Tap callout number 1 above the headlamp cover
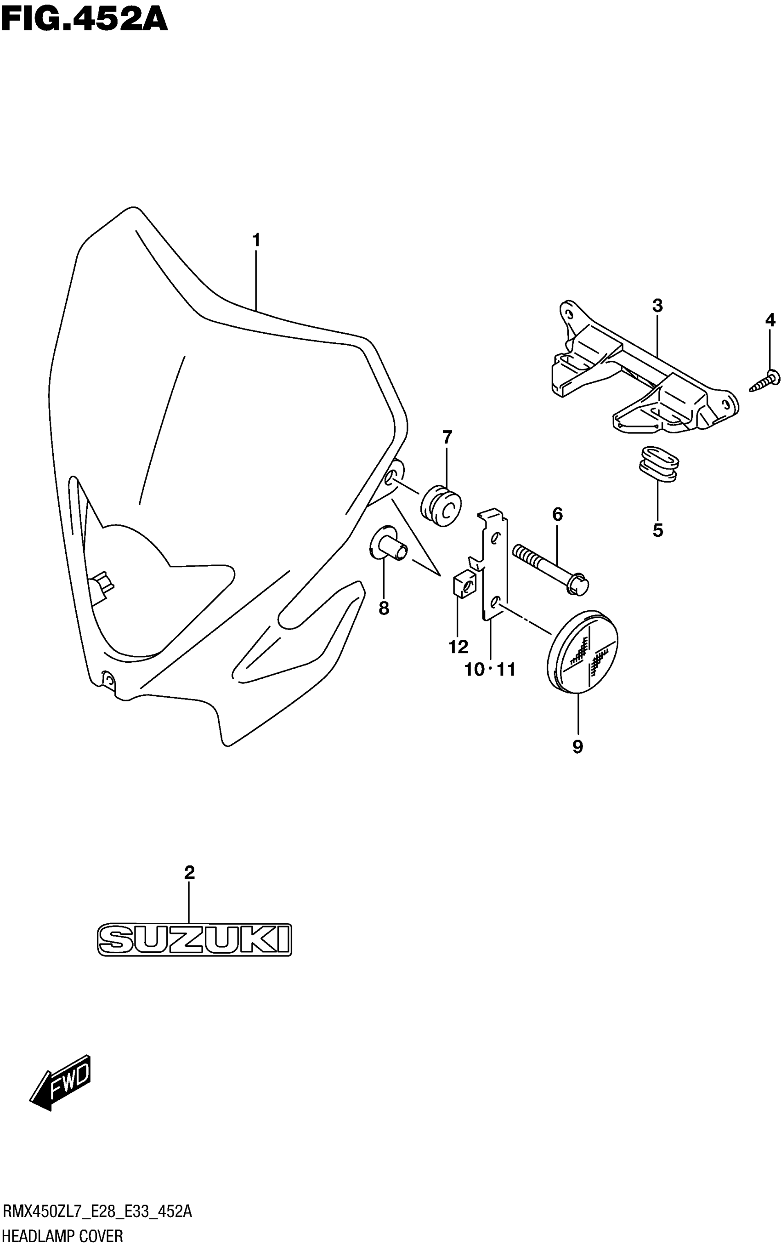click(256, 240)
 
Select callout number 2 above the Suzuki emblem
click(190, 873)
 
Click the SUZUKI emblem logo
click(194, 939)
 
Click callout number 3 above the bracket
click(657, 306)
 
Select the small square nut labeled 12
click(464, 585)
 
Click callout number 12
click(458, 647)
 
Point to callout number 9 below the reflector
click(577, 746)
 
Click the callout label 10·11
click(490, 670)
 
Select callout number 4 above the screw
click(770, 320)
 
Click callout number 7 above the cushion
click(447, 437)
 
